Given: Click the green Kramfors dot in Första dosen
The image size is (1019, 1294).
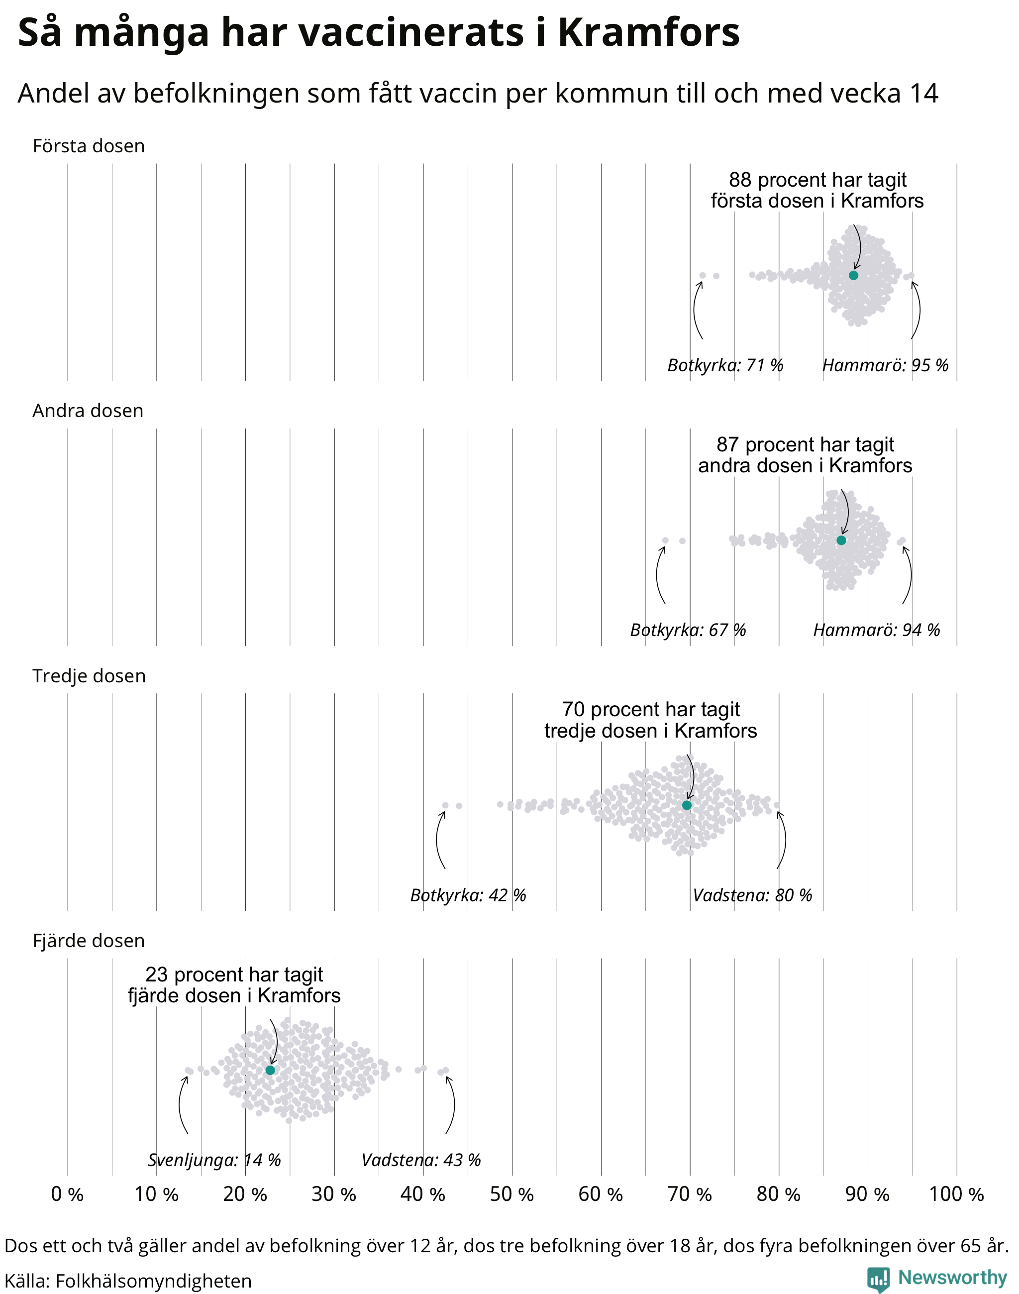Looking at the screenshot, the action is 853,275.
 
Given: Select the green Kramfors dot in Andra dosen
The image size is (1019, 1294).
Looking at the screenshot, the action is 841,540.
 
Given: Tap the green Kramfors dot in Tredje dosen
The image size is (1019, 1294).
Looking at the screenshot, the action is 687,805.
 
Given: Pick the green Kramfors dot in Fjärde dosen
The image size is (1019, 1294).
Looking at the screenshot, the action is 270,1070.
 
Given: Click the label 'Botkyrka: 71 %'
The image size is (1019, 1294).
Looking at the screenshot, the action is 725,365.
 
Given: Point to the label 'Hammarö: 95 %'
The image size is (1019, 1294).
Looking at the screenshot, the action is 885,365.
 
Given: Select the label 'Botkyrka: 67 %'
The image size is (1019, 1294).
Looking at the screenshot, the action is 688,630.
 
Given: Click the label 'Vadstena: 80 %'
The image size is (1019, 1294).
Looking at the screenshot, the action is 752,895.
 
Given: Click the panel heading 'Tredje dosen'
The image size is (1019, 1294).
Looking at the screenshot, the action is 89,676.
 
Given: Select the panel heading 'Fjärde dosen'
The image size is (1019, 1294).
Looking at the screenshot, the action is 89,941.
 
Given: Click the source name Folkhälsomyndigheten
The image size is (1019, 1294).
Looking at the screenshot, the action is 153,1281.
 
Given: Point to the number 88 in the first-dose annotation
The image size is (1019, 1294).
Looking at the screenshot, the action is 740,180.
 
